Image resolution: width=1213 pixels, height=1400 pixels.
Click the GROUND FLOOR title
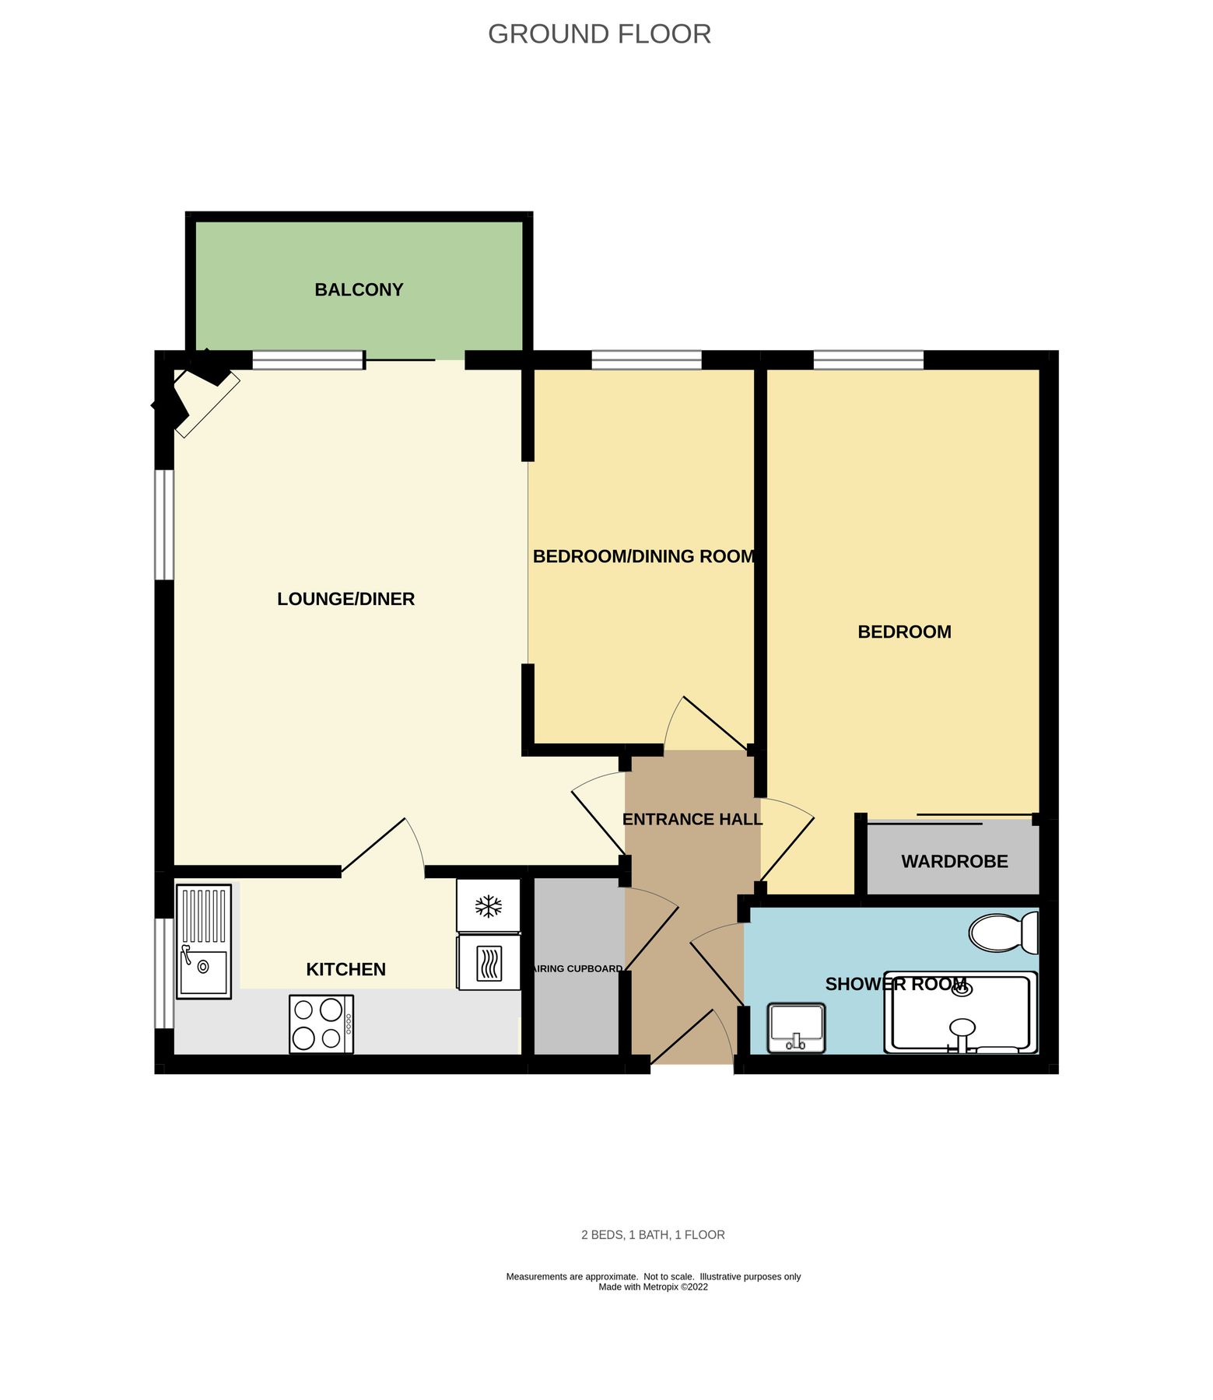(x=599, y=34)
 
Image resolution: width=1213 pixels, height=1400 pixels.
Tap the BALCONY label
(x=359, y=290)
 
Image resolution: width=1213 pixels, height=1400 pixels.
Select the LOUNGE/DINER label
(x=345, y=599)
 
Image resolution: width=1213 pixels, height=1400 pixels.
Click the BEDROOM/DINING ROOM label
(x=643, y=556)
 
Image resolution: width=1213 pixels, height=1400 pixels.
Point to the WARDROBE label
(x=954, y=861)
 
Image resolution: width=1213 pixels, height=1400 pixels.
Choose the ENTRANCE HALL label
(x=692, y=819)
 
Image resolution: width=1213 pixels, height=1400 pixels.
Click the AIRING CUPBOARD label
(x=577, y=968)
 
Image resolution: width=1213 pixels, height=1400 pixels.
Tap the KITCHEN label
(x=345, y=969)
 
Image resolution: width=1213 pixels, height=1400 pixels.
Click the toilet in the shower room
(x=1003, y=933)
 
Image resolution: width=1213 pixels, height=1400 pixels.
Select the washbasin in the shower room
(x=796, y=1028)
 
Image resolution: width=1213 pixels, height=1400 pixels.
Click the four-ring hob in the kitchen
(x=321, y=1024)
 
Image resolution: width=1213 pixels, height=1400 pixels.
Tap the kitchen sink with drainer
(x=204, y=941)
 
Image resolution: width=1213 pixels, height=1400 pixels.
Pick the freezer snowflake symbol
(x=489, y=906)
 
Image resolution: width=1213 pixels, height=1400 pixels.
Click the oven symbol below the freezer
(x=489, y=963)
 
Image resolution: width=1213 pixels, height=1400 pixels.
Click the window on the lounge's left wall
(x=164, y=525)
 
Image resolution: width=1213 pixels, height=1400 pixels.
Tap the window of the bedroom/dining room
(x=646, y=360)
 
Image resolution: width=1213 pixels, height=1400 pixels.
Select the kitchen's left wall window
(x=163, y=973)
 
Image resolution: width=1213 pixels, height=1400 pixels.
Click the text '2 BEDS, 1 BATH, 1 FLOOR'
(x=653, y=1234)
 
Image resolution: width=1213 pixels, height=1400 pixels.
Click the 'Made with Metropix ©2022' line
(x=653, y=1286)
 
